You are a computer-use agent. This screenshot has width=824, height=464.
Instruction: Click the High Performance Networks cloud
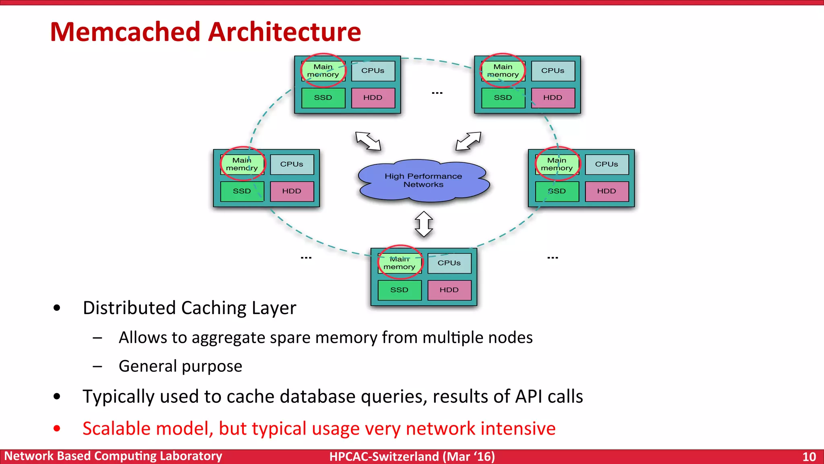423,180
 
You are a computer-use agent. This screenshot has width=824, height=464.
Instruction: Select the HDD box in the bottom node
449,290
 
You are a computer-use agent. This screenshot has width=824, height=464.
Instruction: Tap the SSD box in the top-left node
323,98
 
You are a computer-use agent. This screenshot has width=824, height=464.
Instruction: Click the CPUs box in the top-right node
552,71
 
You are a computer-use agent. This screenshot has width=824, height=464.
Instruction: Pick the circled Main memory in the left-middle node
242,164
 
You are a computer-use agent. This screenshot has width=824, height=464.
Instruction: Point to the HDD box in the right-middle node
606,191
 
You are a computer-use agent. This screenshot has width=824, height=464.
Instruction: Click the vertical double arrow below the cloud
424,224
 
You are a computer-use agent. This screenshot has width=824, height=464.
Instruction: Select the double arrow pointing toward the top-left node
368,141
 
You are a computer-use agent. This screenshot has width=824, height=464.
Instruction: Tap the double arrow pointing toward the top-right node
468,141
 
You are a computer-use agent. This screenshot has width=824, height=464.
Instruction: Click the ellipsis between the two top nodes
437,93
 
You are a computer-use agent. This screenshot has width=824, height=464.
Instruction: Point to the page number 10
809,457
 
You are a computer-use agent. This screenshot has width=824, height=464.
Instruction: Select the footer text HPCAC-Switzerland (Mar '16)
412,457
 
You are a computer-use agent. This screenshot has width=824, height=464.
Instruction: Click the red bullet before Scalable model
57,429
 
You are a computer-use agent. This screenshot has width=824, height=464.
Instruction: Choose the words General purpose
180,366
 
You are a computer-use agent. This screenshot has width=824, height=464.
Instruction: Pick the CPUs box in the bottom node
449,263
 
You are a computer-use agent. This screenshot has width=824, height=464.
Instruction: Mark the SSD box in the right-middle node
557,191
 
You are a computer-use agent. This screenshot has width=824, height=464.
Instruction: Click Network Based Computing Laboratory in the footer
113,456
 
